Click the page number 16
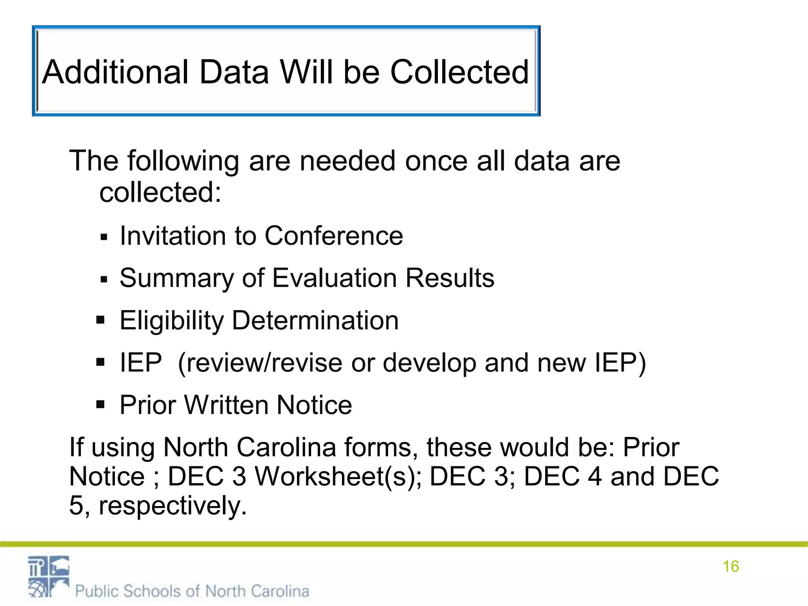tap(731, 567)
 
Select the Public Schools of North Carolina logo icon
tap(49, 576)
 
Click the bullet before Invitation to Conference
tap(104, 238)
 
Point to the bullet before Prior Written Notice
tap(101, 404)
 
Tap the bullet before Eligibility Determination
tap(101, 320)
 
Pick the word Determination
tap(315, 320)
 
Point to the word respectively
tap(173, 506)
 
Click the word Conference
tap(334, 236)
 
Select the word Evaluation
tap(335, 278)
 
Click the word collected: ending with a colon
tap(160, 193)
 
